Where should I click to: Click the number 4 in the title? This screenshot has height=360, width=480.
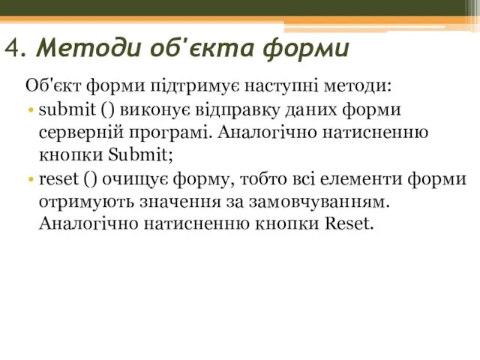[x=12, y=49]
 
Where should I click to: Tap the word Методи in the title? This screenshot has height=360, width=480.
[x=74, y=49]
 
